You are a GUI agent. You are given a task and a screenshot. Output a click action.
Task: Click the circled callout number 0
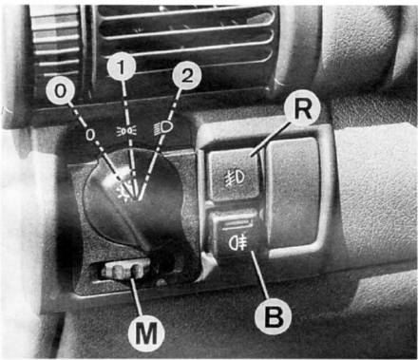(61, 91)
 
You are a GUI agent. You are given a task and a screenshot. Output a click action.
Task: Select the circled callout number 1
(122, 66)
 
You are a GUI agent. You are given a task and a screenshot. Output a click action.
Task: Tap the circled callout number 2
(186, 76)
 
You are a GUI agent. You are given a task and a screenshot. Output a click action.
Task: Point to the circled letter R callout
(303, 110)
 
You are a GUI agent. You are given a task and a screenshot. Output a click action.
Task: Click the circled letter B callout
(274, 315)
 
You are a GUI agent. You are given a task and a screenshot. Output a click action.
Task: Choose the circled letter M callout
(146, 333)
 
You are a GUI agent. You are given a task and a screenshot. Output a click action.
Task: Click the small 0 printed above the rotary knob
(90, 136)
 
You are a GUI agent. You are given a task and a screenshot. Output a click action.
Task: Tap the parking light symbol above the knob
(126, 130)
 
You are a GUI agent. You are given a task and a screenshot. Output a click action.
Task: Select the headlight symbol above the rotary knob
(163, 128)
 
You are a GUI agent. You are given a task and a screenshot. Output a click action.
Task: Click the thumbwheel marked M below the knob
(124, 269)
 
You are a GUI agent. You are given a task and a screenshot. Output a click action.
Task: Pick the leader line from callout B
(260, 275)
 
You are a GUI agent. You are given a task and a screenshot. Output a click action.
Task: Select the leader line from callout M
(138, 296)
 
